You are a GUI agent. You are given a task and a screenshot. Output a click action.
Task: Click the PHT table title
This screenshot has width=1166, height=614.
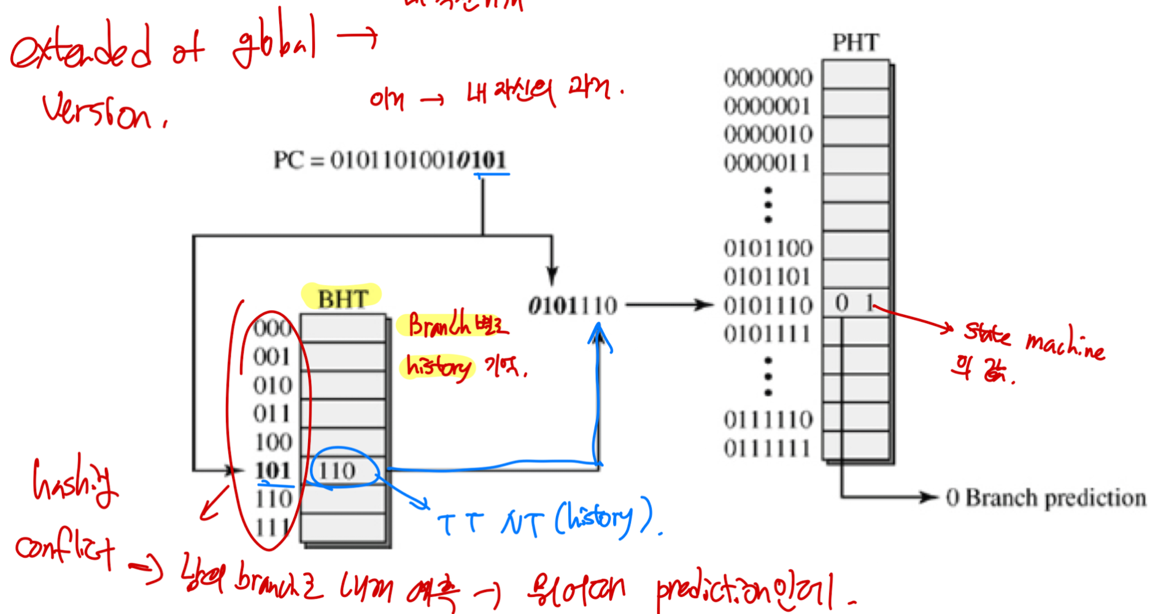855,42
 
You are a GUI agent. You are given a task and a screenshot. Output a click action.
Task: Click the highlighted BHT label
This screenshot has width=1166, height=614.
342,299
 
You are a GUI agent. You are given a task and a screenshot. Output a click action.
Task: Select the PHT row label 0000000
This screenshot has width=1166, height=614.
768,78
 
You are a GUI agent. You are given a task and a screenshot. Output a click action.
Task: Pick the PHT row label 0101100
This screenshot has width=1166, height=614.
768,249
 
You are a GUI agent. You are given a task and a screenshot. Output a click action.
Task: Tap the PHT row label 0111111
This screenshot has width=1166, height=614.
768,449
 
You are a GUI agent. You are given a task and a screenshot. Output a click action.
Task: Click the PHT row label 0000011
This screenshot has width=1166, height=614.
768,163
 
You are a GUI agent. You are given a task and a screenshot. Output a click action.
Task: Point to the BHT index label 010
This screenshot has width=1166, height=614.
272,386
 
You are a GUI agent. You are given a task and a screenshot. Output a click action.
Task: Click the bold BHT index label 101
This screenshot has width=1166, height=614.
272,471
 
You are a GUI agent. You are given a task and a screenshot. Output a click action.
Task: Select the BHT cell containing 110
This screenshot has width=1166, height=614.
342,471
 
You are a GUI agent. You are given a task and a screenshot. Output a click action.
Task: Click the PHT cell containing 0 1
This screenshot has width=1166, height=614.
855,303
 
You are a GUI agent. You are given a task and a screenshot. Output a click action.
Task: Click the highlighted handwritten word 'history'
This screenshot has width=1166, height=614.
438,367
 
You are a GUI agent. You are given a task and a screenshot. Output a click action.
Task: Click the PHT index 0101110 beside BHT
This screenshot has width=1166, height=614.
572,305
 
